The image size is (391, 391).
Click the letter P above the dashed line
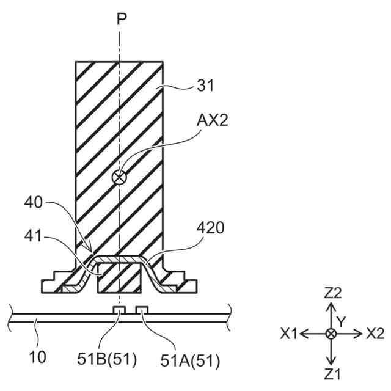pos(122,19)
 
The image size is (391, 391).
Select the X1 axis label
pos(290,334)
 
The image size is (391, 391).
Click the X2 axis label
pos(375,334)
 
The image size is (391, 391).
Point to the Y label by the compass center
pos(342,321)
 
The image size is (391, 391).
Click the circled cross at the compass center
pos(331,334)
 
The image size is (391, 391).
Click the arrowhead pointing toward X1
pos(303,334)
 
